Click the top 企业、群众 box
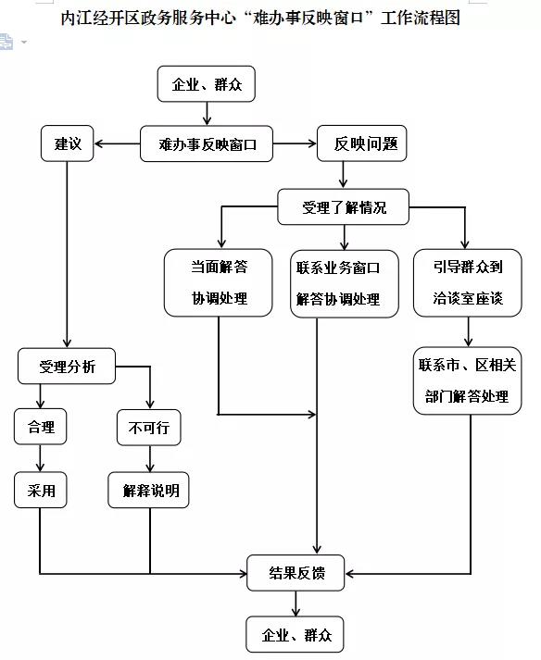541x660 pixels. pos(206,85)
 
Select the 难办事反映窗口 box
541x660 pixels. pos(207,143)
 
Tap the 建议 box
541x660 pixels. pos(68,143)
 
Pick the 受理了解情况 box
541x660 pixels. pos(344,207)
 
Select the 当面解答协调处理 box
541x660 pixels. pos(220,283)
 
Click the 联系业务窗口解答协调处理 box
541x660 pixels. pos(338,283)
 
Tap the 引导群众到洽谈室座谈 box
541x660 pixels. pos(467,283)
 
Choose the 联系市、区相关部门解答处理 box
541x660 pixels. pos(467,380)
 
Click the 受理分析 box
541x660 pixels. pos(67,367)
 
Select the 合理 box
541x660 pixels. pos(42,427)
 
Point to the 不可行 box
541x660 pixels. pos(148,427)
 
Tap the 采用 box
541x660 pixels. pos(42,490)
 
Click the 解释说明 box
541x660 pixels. pos(150,490)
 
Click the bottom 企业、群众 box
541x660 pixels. pos(296,635)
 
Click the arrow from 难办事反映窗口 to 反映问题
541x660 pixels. pos(296,143)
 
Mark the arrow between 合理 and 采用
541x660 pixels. pos(40,458)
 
